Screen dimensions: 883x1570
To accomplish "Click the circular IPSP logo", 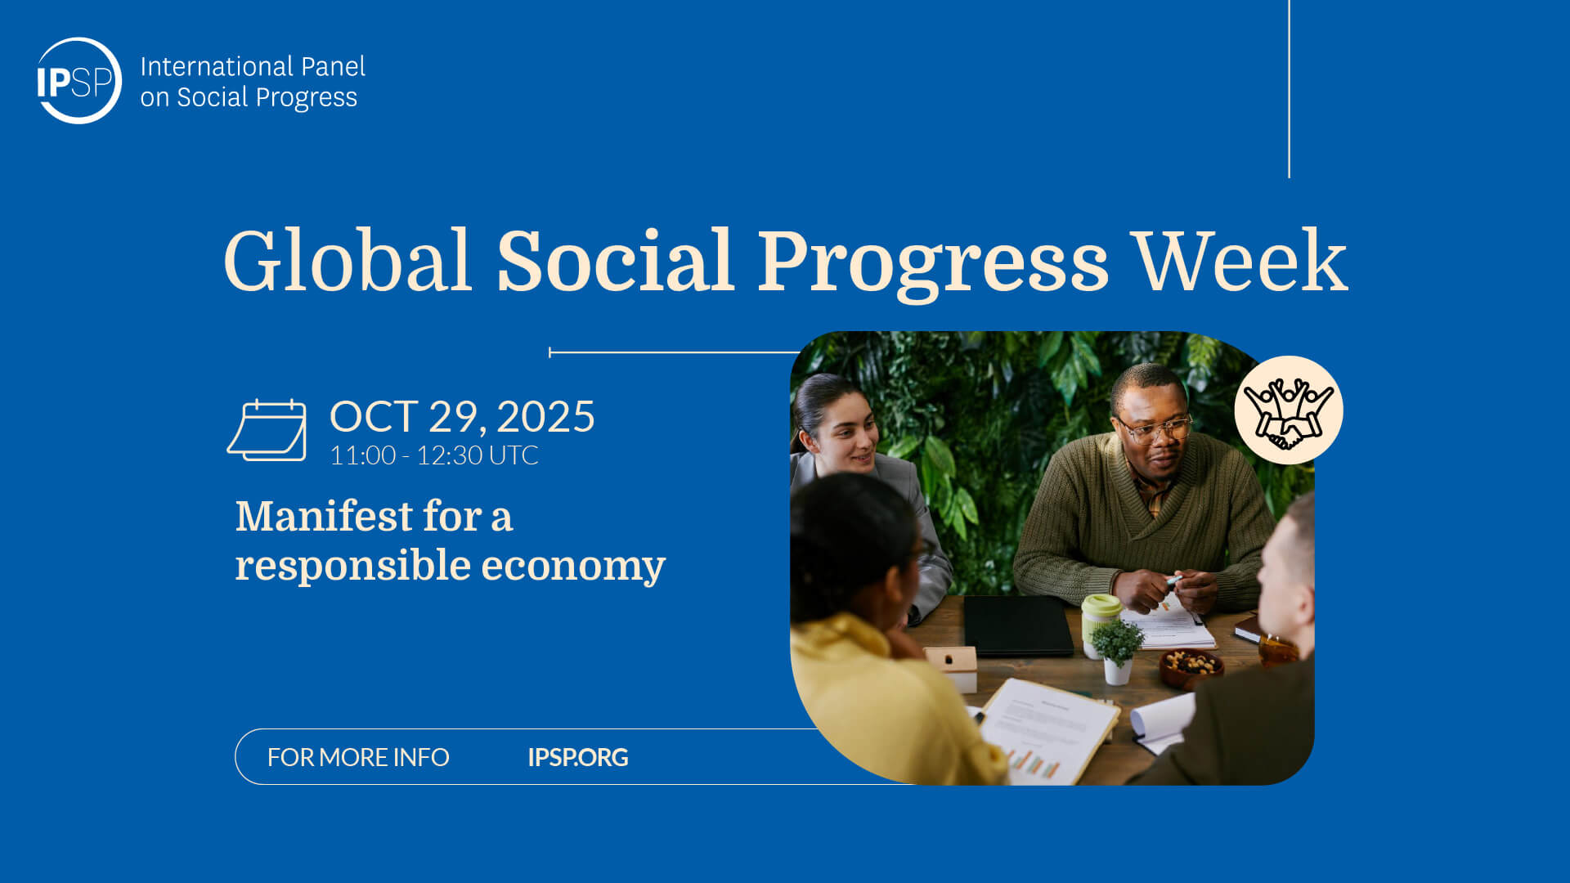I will pyautogui.click(x=79, y=81).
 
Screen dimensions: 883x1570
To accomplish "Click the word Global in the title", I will pyautogui.click(x=348, y=261).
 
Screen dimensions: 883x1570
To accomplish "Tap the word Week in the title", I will pyautogui.click(x=1240, y=261).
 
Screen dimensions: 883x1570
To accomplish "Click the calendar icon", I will pyautogui.click(x=267, y=431).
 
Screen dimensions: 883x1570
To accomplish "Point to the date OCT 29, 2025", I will pyautogui.click(x=462, y=417).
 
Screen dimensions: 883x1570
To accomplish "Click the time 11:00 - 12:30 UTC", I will pyautogui.click(x=433, y=455).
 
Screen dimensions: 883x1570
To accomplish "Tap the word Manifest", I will pyautogui.click(x=324, y=517).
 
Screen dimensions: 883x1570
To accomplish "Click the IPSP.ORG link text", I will pyautogui.click(x=577, y=757).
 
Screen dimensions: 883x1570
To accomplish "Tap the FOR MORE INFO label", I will pyautogui.click(x=358, y=757).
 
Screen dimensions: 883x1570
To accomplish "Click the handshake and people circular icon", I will pyautogui.click(x=1288, y=410).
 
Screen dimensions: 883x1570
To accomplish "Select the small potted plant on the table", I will pyautogui.click(x=1117, y=650).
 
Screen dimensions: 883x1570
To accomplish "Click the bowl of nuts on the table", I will pyautogui.click(x=1191, y=666).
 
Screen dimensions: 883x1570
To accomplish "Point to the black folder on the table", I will pyautogui.click(x=1017, y=625).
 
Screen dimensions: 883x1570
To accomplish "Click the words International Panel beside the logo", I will pyautogui.click(x=252, y=66).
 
